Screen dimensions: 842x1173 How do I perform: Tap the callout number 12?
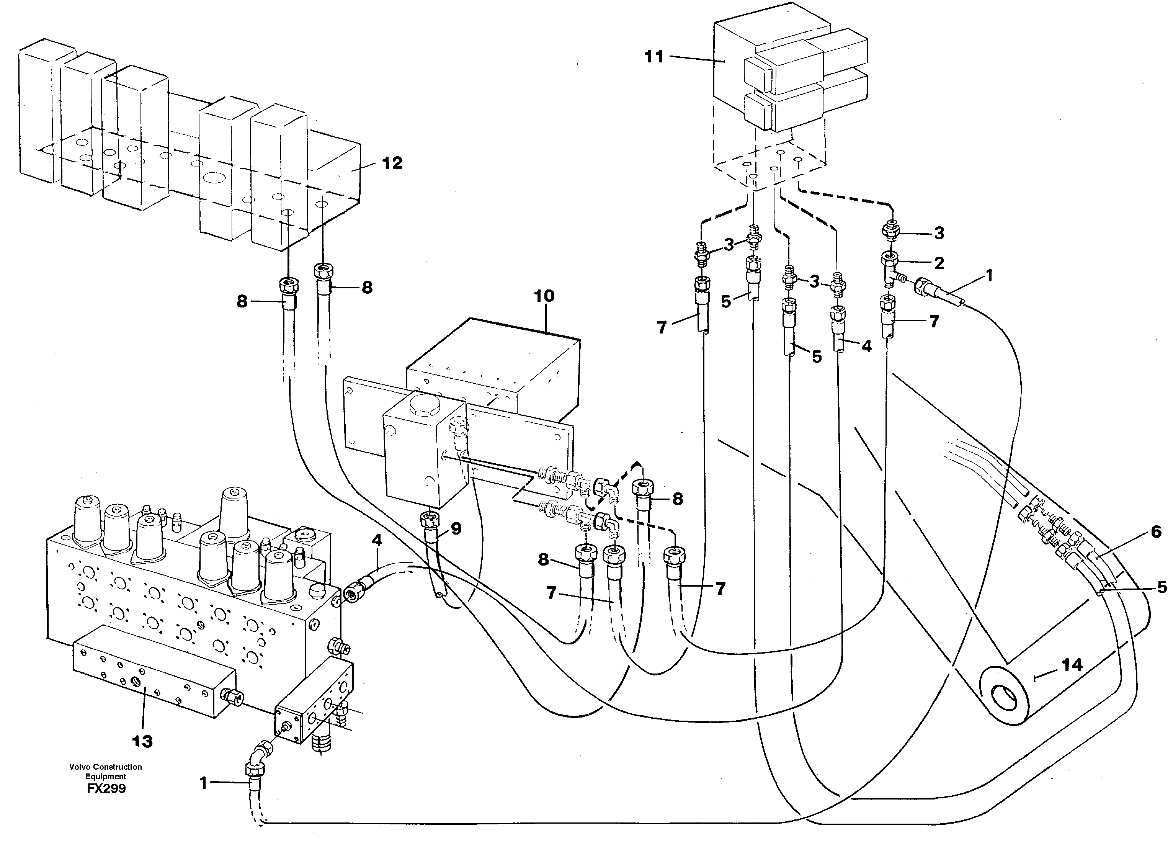pos(392,163)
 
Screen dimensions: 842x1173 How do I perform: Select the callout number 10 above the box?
pos(544,296)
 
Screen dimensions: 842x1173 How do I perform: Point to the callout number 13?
pos(142,742)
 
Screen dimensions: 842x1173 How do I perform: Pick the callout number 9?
pos(456,528)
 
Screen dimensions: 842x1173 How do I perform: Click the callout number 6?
pos(1156,532)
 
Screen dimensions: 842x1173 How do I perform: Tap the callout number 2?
pos(939,263)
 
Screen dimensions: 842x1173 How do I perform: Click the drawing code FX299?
pos(106,789)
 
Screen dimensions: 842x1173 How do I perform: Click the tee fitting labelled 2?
pos(890,269)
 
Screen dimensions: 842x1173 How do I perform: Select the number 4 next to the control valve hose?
pos(377,541)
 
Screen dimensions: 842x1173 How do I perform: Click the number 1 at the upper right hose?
pos(989,276)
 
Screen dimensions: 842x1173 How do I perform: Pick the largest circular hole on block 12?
pos(214,178)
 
